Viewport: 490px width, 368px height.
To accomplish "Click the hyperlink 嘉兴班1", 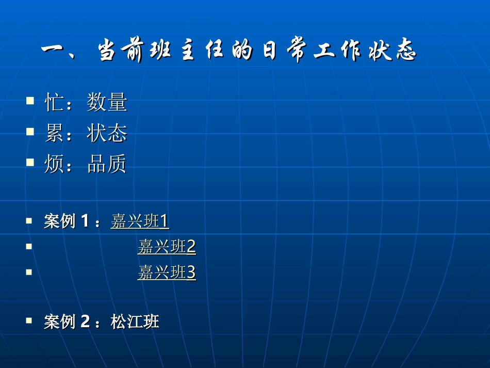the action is pyautogui.click(x=140, y=221).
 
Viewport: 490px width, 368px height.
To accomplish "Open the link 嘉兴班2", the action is pyautogui.click(x=167, y=247).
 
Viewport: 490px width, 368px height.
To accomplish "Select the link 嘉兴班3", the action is pyautogui.click(x=167, y=273).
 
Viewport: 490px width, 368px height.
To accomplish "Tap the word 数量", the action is pyautogui.click(x=107, y=102).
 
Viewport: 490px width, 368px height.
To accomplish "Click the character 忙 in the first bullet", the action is pyautogui.click(x=54, y=102).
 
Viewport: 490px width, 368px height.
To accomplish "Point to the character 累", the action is pyautogui.click(x=54, y=133).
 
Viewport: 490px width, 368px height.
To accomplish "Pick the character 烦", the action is pyautogui.click(x=54, y=164).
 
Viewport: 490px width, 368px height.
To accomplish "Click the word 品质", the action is pyautogui.click(x=107, y=164).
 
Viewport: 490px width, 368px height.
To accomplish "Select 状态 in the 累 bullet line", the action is pyautogui.click(x=107, y=133).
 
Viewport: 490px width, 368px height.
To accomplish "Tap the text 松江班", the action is pyautogui.click(x=135, y=322).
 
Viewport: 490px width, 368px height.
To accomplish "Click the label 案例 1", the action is pyautogui.click(x=67, y=221).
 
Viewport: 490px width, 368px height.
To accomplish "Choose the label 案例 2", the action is pyautogui.click(x=67, y=322).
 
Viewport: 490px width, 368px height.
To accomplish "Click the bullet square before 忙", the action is pyautogui.click(x=30, y=100).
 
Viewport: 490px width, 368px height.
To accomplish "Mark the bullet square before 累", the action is pyautogui.click(x=30, y=131).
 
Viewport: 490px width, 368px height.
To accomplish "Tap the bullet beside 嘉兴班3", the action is pyautogui.click(x=29, y=272).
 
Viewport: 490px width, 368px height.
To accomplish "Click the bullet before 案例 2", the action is pyautogui.click(x=29, y=320).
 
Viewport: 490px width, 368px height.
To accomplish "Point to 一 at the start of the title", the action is pyautogui.click(x=52, y=49).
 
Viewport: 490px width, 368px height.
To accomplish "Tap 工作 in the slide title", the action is pyautogui.click(x=337, y=50).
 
